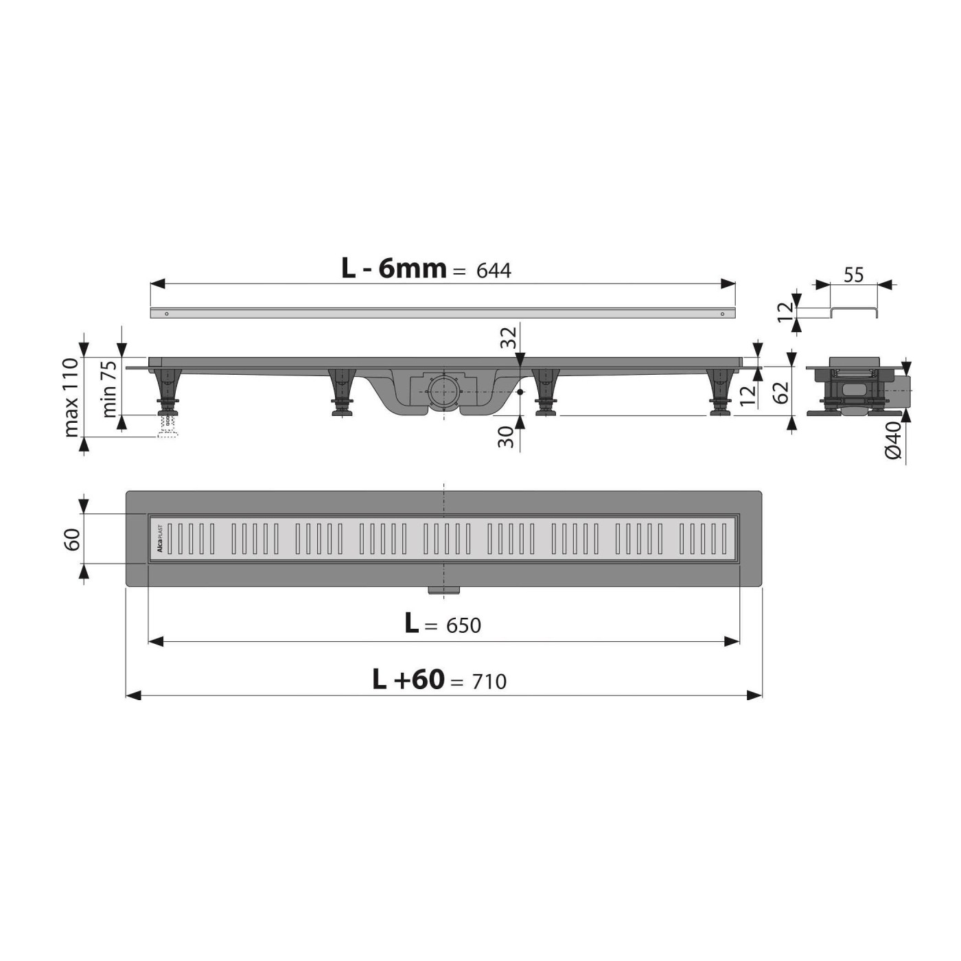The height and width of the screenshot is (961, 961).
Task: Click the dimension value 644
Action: (494, 271)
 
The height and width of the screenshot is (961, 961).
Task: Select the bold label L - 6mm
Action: (394, 268)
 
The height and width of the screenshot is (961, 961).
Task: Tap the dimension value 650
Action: (463, 625)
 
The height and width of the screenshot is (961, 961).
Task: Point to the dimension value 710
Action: (489, 682)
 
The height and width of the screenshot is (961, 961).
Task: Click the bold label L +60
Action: (408, 680)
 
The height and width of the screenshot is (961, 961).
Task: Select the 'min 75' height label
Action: (109, 389)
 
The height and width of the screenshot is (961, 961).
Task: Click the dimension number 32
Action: (507, 338)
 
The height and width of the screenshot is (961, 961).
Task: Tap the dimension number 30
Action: (507, 437)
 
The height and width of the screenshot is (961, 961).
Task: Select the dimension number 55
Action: (853, 275)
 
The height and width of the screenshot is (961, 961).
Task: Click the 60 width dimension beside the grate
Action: (73, 539)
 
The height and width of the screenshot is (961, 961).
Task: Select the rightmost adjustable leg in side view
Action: (719, 391)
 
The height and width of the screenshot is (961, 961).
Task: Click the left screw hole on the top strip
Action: (165, 314)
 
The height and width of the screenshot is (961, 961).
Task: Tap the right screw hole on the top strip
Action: (722, 314)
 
